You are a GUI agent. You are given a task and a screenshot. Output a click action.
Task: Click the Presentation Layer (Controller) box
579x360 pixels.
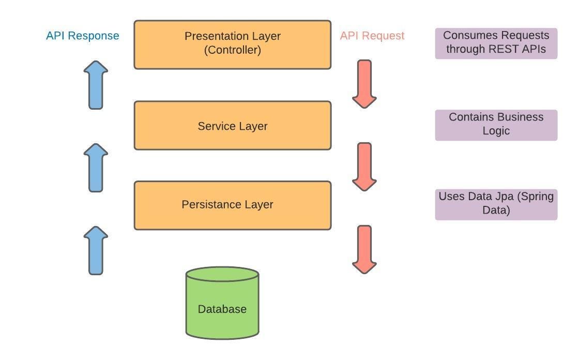point(232,44)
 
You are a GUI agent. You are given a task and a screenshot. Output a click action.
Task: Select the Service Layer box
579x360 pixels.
point(232,126)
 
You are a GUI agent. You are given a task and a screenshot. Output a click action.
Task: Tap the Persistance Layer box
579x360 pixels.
point(232,205)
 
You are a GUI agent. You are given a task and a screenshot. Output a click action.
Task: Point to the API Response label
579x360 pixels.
point(83,36)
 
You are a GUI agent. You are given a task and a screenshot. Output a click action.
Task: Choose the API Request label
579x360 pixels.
point(372,36)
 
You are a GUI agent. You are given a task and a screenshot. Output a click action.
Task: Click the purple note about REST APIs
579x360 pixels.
point(496,43)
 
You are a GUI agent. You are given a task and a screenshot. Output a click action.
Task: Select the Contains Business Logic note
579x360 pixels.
point(496,124)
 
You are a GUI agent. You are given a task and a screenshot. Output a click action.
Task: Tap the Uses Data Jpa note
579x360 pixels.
point(496,204)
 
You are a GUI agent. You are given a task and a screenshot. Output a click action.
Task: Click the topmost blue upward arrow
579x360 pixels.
point(96,85)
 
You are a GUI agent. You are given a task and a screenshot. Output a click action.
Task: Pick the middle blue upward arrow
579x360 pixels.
point(96,168)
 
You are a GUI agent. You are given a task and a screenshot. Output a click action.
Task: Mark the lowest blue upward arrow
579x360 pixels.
point(96,250)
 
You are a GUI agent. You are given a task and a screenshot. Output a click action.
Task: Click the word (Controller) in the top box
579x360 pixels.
point(232,50)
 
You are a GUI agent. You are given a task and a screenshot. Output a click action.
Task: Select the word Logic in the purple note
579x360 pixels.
point(496,131)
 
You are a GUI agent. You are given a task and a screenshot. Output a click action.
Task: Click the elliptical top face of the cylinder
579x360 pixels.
point(222,274)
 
